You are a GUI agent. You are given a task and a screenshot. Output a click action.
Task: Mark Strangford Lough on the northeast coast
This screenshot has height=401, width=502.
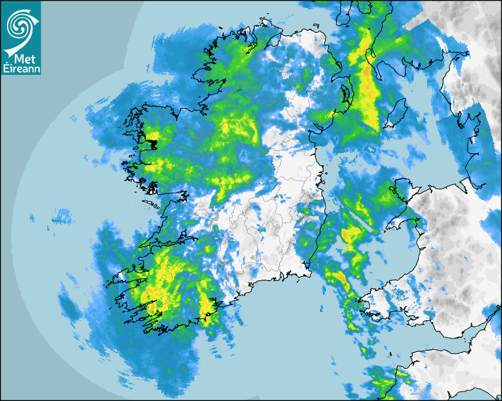[x=345, y=92]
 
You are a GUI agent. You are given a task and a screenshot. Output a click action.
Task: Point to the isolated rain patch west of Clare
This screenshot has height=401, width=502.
[x=62, y=219]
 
